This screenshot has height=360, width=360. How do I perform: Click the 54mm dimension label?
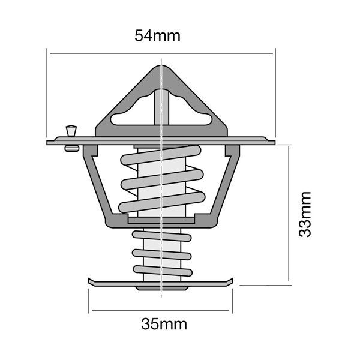click(157, 36)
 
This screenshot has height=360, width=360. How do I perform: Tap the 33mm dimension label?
click(305, 214)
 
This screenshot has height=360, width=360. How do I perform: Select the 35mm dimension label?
click(164, 324)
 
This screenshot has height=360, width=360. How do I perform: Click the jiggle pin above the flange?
click(71, 131)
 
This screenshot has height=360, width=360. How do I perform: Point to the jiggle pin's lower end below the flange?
click(72, 148)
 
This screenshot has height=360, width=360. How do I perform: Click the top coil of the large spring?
click(161, 155)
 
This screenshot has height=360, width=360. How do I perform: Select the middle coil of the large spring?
click(162, 179)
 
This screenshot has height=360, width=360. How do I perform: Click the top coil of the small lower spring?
click(162, 236)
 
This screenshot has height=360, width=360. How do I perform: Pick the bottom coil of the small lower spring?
click(163, 271)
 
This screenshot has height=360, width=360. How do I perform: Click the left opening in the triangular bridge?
click(132, 112)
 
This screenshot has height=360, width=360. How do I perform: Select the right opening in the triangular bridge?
click(190, 112)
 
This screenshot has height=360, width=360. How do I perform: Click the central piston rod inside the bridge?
click(161, 107)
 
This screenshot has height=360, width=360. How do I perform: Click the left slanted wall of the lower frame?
click(98, 184)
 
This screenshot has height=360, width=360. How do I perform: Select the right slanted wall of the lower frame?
click(226, 184)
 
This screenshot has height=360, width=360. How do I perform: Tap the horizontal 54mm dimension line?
click(161, 53)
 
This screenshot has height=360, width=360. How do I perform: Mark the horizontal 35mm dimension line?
click(161, 310)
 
